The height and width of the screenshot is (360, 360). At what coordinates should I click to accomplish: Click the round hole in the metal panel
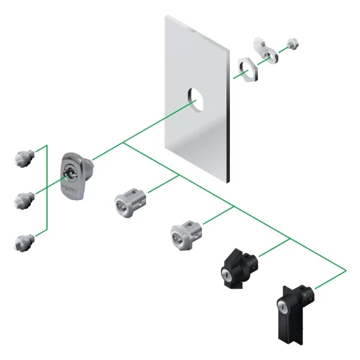(x=199, y=99)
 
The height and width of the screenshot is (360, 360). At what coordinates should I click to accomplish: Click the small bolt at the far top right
(x=294, y=43)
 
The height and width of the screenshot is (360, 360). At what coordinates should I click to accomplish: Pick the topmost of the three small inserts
(x=23, y=155)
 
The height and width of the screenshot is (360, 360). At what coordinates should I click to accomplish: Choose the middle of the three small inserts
(x=23, y=199)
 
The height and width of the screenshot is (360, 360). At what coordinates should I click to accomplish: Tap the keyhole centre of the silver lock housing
(x=70, y=170)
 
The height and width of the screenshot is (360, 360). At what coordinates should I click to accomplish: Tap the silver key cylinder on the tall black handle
(x=281, y=305)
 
